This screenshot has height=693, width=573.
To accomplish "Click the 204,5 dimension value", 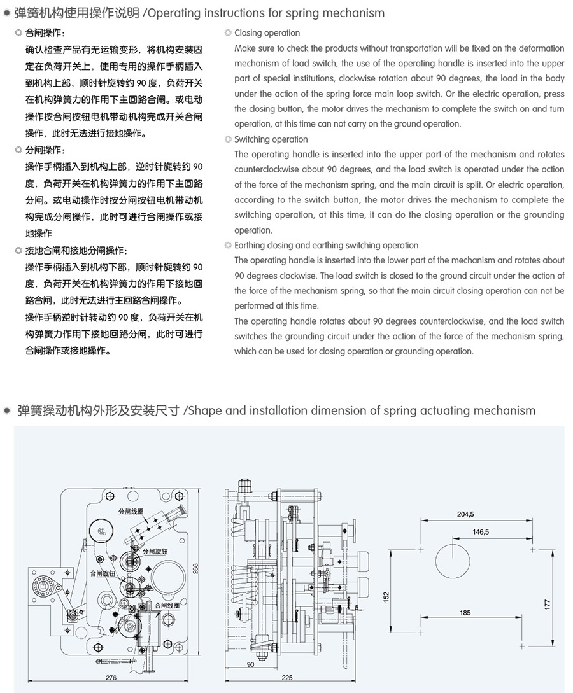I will click(465, 514).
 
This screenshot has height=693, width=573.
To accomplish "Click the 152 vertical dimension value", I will click(386, 597).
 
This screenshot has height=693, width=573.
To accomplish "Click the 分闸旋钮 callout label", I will click(155, 550).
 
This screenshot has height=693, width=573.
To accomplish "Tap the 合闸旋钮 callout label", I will click(103, 573).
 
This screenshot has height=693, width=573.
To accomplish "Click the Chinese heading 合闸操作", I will click(45, 32).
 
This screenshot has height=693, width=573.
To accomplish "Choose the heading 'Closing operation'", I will click(267, 32).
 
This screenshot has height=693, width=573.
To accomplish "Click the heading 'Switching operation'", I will click(271, 139).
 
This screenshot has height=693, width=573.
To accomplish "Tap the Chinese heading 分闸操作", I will click(45, 151).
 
